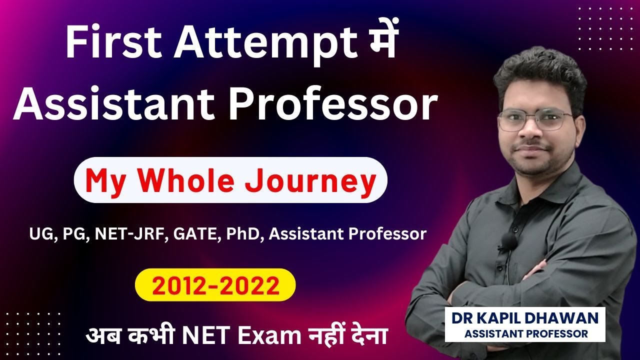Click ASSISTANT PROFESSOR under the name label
point(525,333)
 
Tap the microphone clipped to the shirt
point(508,241)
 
